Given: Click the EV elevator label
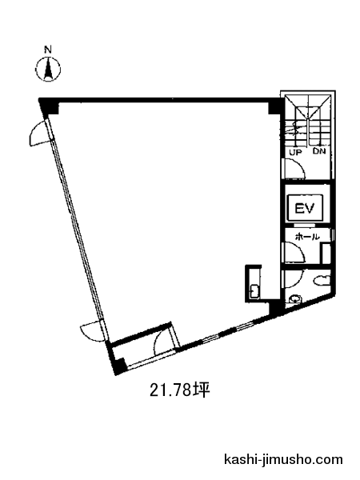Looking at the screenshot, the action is (304, 209).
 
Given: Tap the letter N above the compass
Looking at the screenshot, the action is (48, 50).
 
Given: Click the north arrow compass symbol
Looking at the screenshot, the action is (48, 69).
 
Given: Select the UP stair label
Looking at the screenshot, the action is (296, 152).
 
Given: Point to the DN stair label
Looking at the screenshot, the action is (319, 151).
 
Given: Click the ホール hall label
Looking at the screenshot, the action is (307, 237).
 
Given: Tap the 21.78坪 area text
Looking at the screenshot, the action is (179, 390).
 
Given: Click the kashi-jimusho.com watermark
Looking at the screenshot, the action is (283, 459).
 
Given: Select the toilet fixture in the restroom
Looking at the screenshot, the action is (322, 280).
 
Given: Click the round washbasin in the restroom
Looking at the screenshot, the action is (295, 298).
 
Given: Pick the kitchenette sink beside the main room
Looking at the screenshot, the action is (254, 291).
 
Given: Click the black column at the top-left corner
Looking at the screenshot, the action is (48, 106).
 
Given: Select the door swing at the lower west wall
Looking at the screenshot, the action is (92, 331).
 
